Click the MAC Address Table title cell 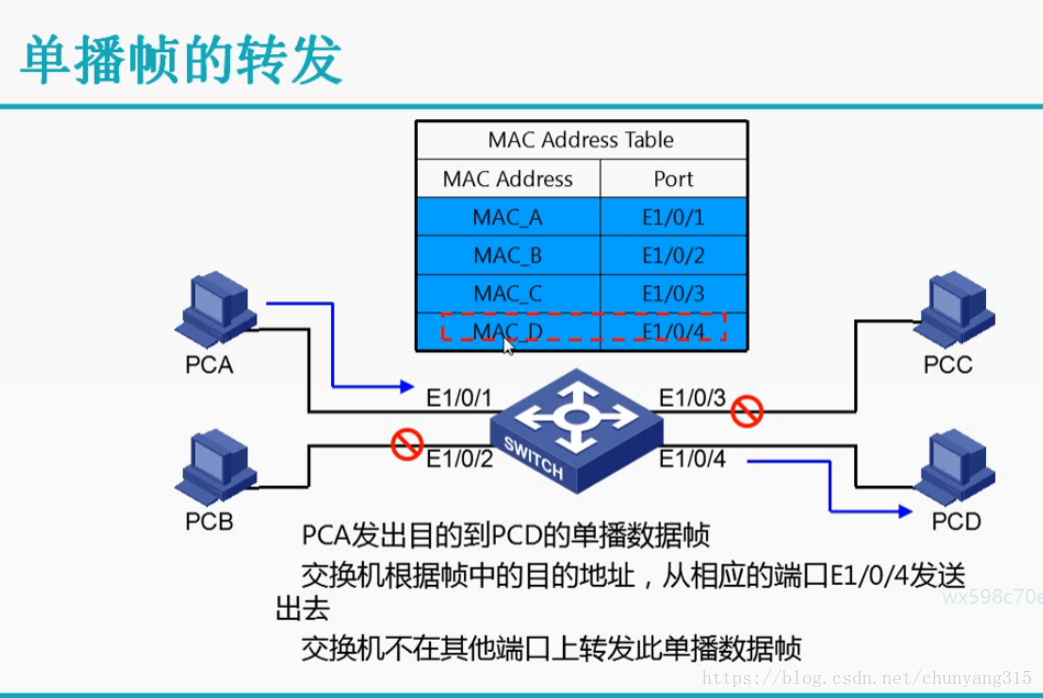[580, 139]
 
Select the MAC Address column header [508, 179]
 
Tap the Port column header [673, 179]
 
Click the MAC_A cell [508, 217]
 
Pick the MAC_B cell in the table [508, 255]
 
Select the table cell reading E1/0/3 [673, 293]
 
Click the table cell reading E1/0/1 [673, 217]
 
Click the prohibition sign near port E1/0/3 [746, 410]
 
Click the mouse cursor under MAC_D [509, 346]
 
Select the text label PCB [209, 521]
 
